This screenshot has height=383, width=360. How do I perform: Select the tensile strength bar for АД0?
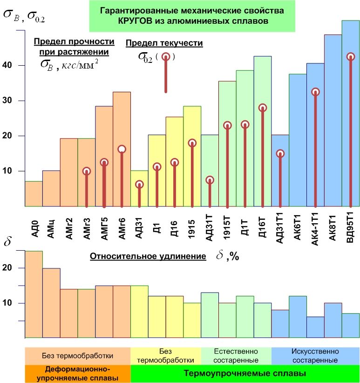(x=34, y=193)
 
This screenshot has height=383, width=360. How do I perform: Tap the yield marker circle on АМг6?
(x=122, y=149)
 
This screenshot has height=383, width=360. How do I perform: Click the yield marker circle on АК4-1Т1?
(x=315, y=92)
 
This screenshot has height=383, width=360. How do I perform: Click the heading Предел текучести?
(x=164, y=43)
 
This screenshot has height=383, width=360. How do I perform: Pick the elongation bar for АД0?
(x=34, y=294)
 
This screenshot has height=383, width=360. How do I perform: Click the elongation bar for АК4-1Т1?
(x=315, y=327)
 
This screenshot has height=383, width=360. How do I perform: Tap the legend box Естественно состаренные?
(x=236, y=356)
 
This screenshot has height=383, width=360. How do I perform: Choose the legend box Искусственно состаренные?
(x=315, y=356)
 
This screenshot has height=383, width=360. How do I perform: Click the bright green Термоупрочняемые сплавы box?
(x=245, y=374)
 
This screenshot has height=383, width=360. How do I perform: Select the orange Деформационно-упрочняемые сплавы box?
(x=77, y=374)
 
